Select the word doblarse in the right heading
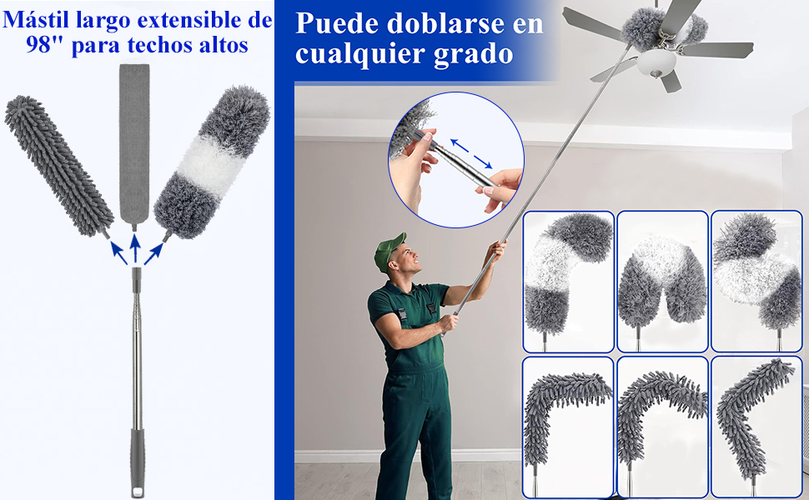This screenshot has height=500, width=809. coord(442,22)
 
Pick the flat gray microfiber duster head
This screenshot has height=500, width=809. coord(134,142)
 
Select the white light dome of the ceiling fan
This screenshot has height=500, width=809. coord(656,64)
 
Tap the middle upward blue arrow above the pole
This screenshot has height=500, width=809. coord(135,251)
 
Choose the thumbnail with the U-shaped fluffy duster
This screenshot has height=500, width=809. coord(662,279)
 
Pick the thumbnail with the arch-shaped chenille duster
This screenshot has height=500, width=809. coord(662,425)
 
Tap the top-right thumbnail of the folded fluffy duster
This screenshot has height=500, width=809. coord(756,279)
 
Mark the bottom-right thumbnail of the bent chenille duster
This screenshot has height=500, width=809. coord(756,425)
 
